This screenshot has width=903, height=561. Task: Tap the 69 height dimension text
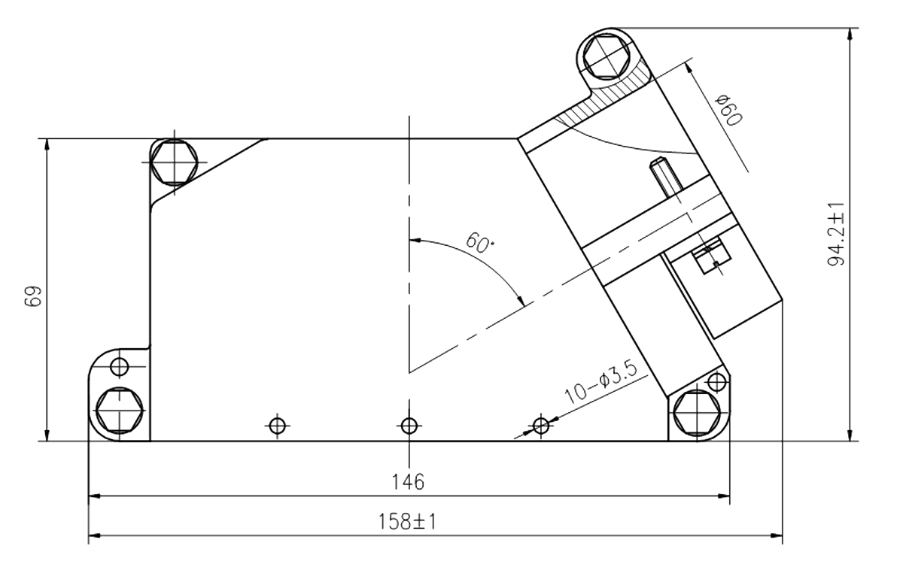tap(32, 295)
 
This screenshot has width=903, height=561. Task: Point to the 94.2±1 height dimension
tap(835, 233)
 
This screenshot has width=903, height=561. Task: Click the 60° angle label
tap(479, 242)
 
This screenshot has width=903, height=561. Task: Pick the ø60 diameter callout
tap(728, 110)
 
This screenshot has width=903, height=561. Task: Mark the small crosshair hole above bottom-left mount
tap(119, 367)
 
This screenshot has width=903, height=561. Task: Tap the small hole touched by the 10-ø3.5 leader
tap(539, 426)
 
